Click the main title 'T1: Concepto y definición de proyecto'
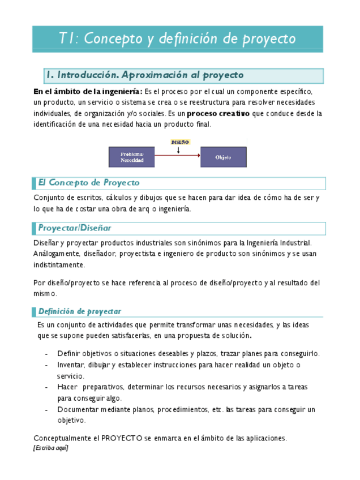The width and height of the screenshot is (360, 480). coord(177,38)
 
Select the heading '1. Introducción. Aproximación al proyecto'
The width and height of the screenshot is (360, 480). coord(145,75)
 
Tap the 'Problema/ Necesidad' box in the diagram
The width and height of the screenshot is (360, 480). coord(132,157)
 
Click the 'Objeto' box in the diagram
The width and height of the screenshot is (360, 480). coord(224,157)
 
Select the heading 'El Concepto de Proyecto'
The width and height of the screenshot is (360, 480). coord(89,183)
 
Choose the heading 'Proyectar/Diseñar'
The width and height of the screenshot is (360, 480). coord(75,228)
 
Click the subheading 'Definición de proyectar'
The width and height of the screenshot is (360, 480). coord(79,311)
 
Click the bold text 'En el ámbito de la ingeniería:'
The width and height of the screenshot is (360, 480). coord(88,91)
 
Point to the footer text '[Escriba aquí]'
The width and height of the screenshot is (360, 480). coord(50,448)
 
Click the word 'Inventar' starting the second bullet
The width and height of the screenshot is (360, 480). coord(71,365)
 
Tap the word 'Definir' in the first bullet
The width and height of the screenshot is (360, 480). coord(68,354)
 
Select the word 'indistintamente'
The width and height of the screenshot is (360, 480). coord(59,265)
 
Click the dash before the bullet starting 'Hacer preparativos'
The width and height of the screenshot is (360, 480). coord(46,388)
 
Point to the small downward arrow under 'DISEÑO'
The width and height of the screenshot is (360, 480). coord(179,150)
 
